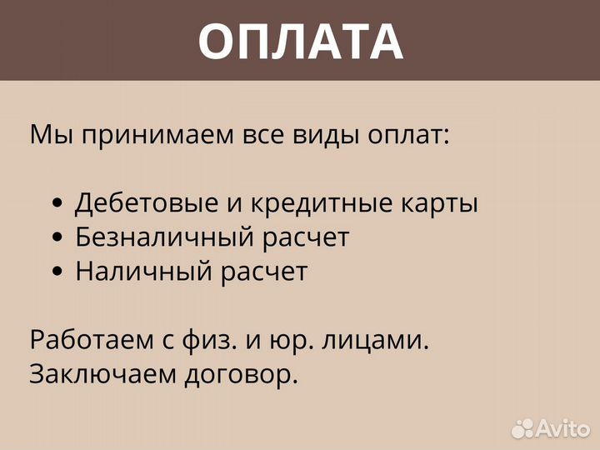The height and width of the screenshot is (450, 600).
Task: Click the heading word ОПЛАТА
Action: click(300, 41)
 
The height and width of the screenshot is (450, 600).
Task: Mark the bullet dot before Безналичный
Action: click(57, 238)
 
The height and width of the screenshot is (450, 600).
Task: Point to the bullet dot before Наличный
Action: click(57, 272)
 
